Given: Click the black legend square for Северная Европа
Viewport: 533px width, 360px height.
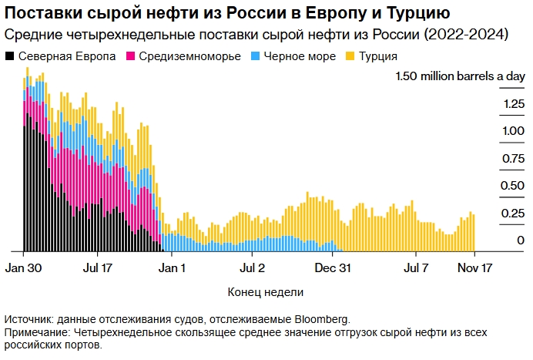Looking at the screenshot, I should (9, 57).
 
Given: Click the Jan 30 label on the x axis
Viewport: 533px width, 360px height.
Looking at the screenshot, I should (22, 268).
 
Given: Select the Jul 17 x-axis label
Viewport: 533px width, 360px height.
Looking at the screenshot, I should (97, 268).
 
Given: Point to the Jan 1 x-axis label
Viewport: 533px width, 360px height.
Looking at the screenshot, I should (172, 268).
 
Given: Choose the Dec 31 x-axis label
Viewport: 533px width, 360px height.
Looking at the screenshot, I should (335, 268).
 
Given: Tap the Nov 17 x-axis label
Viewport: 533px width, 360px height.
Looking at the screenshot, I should (475, 268).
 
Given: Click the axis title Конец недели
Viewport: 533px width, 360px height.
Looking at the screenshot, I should (266, 292).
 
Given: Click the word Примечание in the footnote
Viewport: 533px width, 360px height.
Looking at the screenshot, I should (35, 332).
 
